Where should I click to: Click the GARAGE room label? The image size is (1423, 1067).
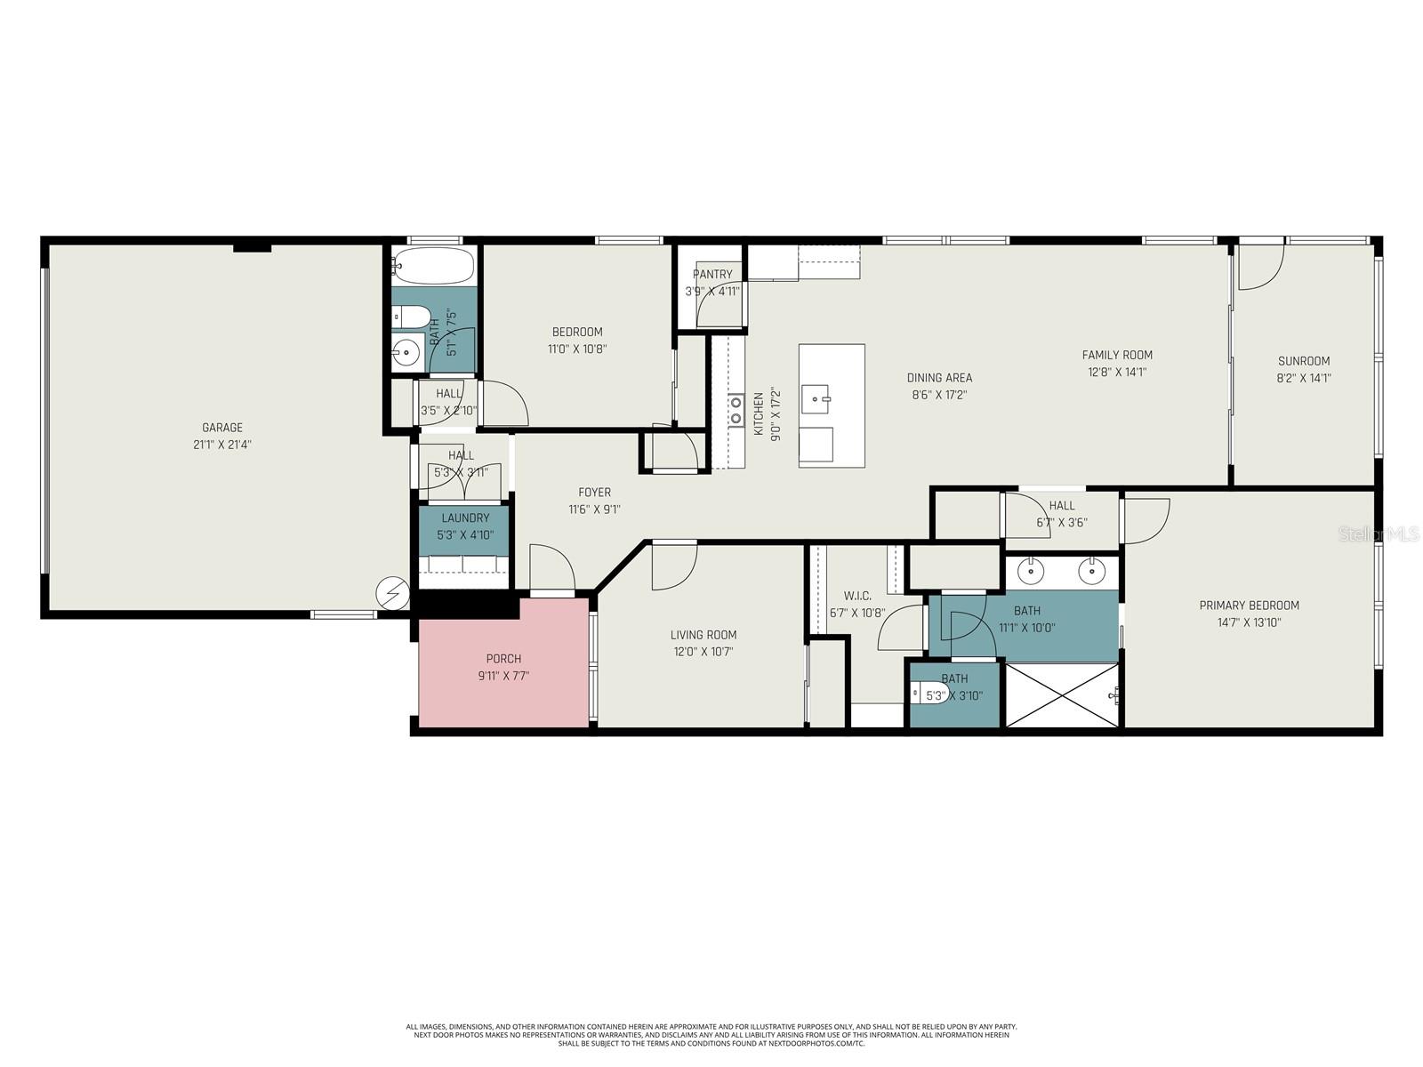tap(221, 428)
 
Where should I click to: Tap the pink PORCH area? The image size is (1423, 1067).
tap(503, 667)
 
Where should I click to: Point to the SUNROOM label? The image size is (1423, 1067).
tap(1304, 361)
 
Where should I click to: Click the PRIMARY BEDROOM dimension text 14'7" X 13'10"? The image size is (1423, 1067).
tap(1249, 622)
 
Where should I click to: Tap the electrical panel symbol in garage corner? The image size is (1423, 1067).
tap(391, 593)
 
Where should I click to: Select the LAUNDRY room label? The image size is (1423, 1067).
tap(465, 517)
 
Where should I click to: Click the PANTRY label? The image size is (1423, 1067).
tap(712, 275)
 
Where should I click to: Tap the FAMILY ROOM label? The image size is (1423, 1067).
tap(1117, 355)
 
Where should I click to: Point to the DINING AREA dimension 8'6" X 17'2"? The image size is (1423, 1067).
tap(939, 395)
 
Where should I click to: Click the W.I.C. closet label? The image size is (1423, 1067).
tap(857, 596)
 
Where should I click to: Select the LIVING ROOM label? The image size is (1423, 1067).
tap(703, 635)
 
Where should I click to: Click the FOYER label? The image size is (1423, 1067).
tap(594, 493)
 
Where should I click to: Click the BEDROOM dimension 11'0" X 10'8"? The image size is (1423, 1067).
tap(577, 349)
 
